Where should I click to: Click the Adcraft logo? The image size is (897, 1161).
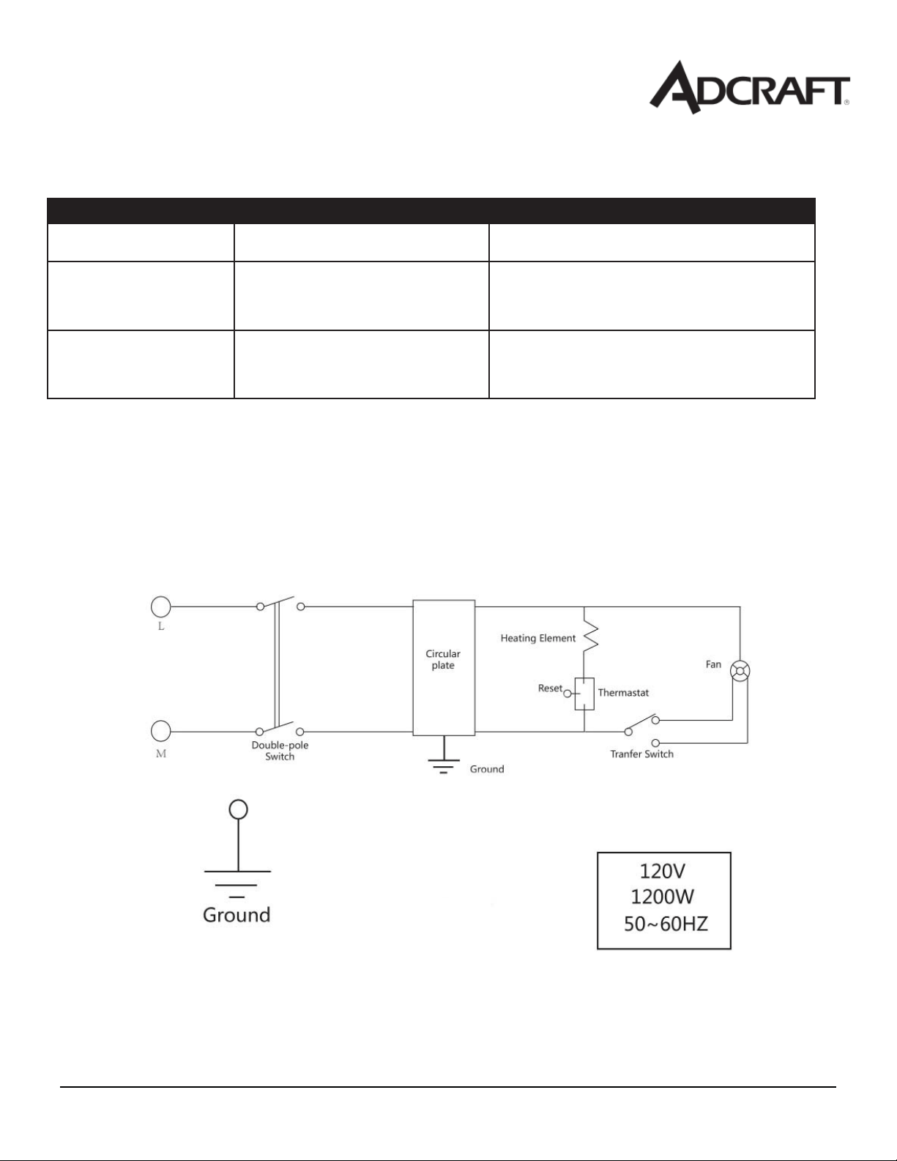749,87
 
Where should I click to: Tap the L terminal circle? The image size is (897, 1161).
160,607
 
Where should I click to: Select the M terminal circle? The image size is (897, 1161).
160,731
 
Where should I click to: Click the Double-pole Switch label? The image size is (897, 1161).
280,751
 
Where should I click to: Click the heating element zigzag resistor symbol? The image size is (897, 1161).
590,635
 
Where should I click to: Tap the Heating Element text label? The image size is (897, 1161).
537,638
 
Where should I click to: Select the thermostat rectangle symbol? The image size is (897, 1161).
584,694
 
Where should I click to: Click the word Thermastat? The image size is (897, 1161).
623,692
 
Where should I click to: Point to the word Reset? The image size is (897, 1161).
550,688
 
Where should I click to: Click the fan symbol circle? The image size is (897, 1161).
740,671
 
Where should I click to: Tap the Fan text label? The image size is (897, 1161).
713,664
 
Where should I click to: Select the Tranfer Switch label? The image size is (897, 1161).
641,754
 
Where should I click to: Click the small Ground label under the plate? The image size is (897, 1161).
487,769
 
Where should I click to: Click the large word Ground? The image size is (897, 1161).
237,915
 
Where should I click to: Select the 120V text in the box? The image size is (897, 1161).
662,872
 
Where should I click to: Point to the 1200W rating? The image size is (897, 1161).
662,897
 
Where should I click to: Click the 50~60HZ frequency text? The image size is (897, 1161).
666,924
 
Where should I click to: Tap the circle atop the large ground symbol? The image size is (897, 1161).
238,809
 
